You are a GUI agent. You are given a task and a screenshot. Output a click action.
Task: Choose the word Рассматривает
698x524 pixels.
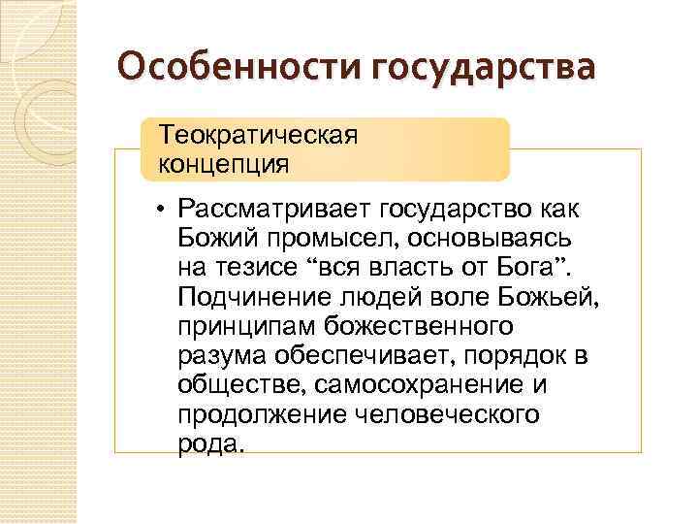point(274,209)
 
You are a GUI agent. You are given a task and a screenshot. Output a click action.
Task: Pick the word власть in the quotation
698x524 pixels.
point(398,267)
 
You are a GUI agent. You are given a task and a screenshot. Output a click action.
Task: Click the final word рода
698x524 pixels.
point(209,444)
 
